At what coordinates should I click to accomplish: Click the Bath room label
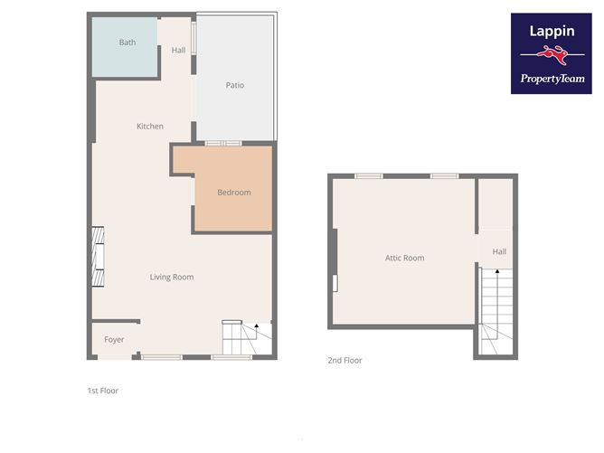[x=127, y=42]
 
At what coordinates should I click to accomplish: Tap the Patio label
[x=234, y=85]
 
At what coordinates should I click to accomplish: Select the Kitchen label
[x=150, y=127]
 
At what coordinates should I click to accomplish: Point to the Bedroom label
[x=233, y=193]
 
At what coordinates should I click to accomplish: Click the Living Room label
[x=172, y=277]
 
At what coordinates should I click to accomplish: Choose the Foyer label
[x=114, y=340]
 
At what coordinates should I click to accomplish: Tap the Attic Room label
[x=404, y=258]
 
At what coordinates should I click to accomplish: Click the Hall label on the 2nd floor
[x=499, y=251]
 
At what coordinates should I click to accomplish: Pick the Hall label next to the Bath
[x=178, y=51]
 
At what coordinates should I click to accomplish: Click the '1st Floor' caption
[x=103, y=391]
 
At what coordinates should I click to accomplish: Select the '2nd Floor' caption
[x=344, y=360]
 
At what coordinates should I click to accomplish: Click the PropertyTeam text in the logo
[x=551, y=79]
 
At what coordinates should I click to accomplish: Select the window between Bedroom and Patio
[x=222, y=143]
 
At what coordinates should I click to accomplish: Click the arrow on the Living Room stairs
[x=257, y=327]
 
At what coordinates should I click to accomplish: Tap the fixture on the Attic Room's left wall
[x=335, y=283]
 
